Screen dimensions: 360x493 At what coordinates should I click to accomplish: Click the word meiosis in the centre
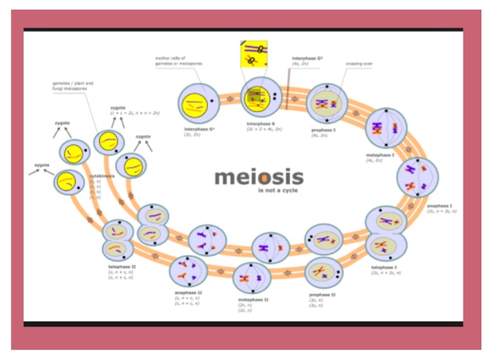coord(259,176)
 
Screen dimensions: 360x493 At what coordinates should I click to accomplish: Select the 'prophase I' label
coord(324,130)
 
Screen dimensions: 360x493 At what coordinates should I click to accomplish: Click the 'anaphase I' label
coord(440,206)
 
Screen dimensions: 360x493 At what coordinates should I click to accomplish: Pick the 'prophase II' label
coord(322,295)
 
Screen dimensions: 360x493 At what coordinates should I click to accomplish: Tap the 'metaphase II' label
coord(253,300)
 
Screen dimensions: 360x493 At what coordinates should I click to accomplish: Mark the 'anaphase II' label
coord(187,293)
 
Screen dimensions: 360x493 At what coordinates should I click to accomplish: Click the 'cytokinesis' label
coord(101,176)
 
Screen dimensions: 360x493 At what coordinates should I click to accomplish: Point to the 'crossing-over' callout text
coord(359,64)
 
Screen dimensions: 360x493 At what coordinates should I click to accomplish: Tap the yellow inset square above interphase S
coord(254,54)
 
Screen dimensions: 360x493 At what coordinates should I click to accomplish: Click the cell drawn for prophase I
coord(327,103)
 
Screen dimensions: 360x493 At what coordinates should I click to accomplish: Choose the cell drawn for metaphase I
coord(386,127)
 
